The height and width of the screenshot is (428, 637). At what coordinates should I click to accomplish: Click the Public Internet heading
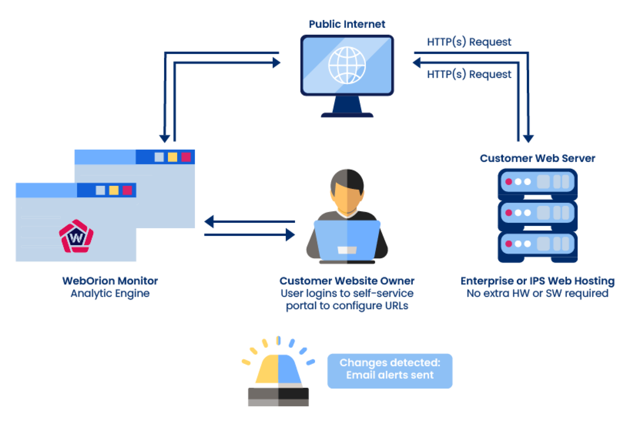(347, 24)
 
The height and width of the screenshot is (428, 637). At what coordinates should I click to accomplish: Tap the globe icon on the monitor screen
(347, 65)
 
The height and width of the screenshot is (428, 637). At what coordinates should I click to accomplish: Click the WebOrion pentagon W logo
(76, 236)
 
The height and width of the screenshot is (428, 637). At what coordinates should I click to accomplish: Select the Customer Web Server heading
(537, 158)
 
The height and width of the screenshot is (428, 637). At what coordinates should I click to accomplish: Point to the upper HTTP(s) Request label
(469, 42)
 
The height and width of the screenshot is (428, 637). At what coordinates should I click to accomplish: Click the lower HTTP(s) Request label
(469, 74)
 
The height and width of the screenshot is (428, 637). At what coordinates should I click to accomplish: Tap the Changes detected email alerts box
(390, 371)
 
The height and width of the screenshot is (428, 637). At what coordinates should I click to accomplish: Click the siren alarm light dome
(278, 369)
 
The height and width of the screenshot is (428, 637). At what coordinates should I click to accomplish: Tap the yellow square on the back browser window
(172, 157)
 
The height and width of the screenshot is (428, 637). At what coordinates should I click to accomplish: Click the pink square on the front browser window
(127, 190)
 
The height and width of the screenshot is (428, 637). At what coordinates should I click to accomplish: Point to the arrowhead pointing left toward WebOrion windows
(209, 221)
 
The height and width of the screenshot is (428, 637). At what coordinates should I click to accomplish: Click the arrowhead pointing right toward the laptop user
(290, 235)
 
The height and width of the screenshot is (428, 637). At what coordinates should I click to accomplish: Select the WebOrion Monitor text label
(110, 281)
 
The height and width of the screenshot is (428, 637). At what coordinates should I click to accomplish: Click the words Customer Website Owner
(347, 281)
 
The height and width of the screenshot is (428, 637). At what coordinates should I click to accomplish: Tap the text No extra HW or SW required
(537, 293)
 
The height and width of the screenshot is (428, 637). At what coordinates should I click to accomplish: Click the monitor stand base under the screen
(347, 115)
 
